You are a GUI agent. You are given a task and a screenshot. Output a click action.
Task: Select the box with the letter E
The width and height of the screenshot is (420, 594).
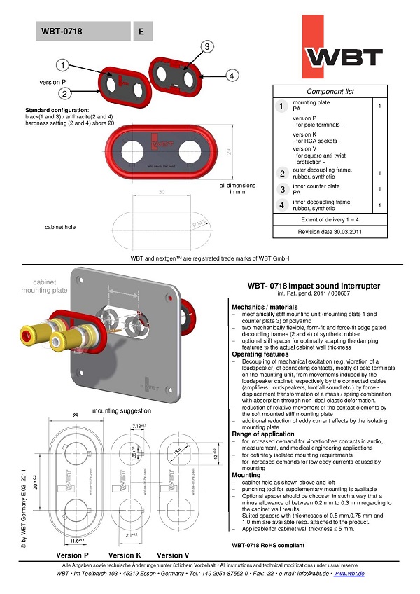pos(142,31)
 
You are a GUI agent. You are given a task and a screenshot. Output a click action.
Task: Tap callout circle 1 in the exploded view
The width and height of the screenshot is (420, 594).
pos(63,66)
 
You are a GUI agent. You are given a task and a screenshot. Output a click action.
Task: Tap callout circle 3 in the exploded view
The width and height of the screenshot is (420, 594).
pos(206,47)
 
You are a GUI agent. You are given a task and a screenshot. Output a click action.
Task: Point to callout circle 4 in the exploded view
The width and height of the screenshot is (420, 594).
pos(234,76)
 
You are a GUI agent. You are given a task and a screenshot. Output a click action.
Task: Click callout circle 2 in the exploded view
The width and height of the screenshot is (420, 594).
pos(63,92)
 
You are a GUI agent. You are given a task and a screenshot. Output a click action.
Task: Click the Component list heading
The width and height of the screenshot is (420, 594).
pos(330,92)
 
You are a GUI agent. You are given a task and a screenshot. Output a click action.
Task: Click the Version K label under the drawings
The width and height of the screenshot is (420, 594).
pos(125,554)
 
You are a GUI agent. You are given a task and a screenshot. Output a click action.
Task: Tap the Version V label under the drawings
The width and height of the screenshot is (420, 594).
pos(175,554)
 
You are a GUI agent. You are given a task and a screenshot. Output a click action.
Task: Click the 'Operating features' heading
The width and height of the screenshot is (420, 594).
pos(260,354)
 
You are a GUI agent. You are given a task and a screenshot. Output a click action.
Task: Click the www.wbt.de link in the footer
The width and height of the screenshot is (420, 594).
pos(350,574)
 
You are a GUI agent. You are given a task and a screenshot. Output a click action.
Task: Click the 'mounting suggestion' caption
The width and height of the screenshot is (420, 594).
pos(121,410)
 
